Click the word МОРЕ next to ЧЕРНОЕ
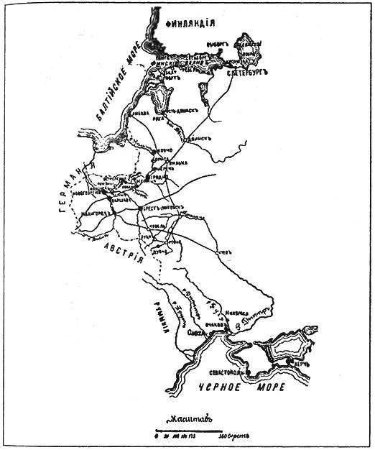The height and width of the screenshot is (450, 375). (270, 387)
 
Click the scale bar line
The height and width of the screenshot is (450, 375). (187, 432)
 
